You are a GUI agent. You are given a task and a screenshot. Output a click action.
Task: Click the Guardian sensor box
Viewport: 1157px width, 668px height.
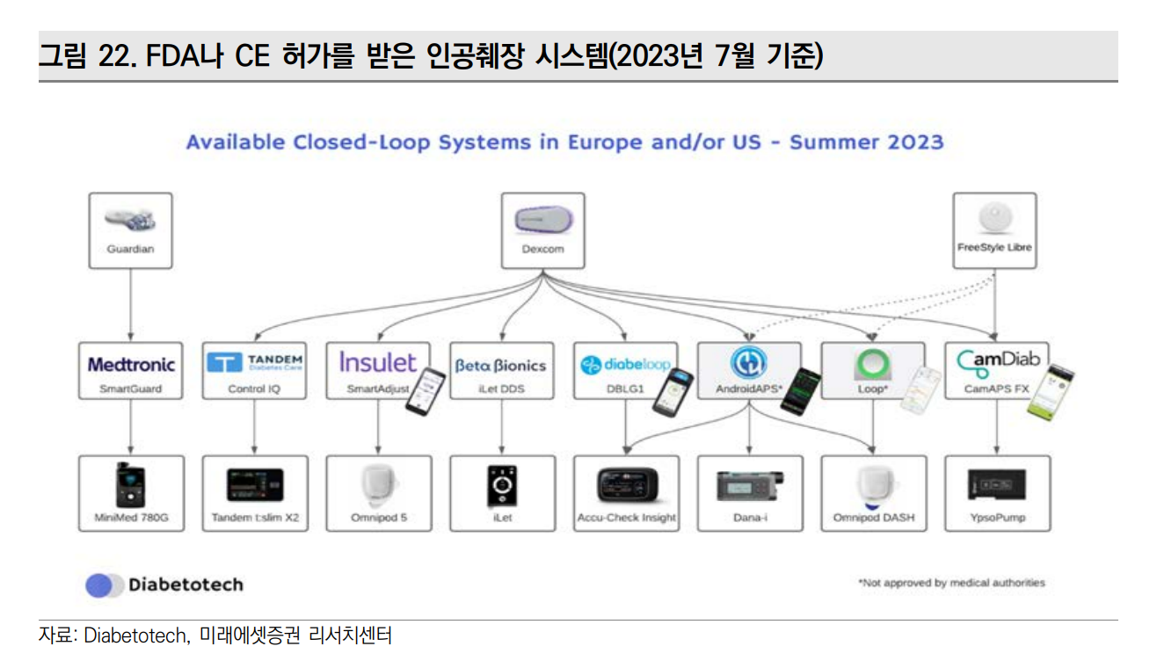pos(130,230)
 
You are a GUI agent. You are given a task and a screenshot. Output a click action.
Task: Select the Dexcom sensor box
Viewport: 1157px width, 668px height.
pos(542,230)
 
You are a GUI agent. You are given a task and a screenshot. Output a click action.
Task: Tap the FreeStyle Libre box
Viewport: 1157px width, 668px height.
pos(994,230)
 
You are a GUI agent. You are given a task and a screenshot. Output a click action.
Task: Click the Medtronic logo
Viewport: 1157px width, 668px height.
pos(131,364)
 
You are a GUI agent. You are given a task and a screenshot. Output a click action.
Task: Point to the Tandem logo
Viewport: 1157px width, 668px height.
pos(255,363)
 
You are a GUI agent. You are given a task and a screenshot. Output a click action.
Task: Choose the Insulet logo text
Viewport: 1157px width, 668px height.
pos(378,362)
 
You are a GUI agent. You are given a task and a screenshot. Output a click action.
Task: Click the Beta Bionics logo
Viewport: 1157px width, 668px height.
pos(500,365)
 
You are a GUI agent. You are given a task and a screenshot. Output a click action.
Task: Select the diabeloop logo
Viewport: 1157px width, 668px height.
pos(625,364)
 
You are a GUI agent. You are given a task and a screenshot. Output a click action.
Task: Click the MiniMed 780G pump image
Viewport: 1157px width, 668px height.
pos(131,484)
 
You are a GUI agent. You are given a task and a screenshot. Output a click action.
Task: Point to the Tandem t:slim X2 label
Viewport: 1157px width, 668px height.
pos(255,518)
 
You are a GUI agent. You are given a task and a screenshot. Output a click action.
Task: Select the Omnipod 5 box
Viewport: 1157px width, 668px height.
pos(379,493)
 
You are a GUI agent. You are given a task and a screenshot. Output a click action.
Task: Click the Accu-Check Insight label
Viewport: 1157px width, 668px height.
pos(626,518)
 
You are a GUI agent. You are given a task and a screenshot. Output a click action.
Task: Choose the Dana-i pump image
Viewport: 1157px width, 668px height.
pos(749,486)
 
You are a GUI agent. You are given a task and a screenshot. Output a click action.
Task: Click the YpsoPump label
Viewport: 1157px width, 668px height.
pos(997,518)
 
